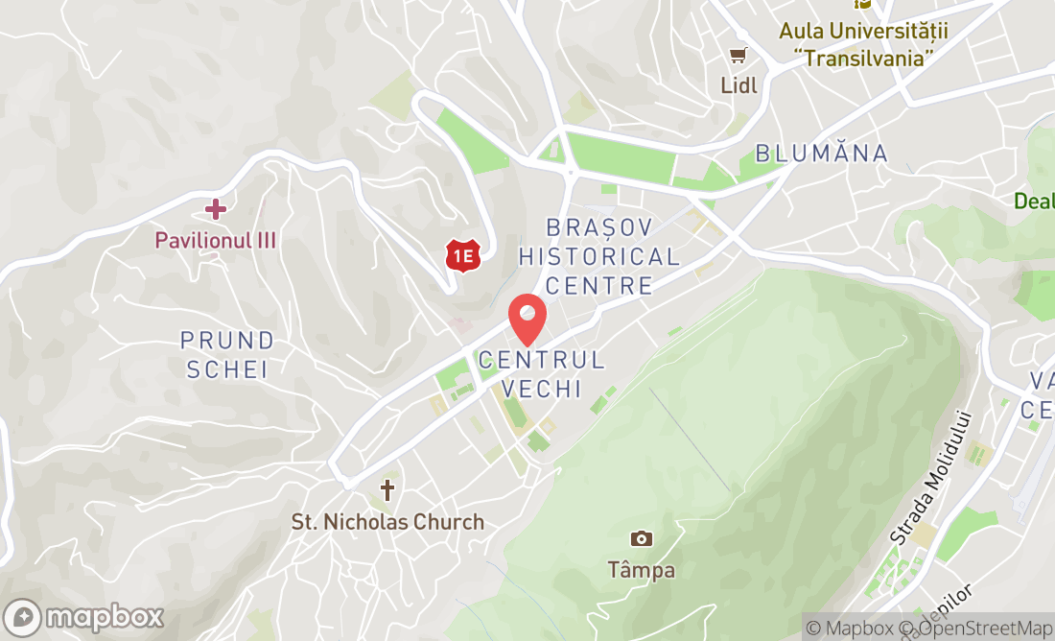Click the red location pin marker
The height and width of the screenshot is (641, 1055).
527,319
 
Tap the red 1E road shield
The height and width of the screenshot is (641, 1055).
463,255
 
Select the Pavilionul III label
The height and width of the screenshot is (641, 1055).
216,240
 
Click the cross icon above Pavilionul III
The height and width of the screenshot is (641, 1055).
216,208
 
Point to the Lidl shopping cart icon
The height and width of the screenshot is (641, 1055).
738,57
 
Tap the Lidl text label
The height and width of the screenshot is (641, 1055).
738,85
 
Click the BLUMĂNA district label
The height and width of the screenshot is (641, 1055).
821,154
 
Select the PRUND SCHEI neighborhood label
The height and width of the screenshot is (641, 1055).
227,354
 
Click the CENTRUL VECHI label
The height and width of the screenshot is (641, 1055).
542,374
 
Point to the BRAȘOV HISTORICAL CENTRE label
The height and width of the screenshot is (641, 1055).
599,256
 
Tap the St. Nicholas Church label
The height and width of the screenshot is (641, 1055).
387,522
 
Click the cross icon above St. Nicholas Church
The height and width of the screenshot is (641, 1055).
387,491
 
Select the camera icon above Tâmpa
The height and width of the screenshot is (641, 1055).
642,538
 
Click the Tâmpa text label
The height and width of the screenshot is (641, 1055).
642,570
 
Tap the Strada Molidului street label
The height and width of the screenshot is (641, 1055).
931,478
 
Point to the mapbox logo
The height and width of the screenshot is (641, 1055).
83,616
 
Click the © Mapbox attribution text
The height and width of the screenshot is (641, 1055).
848,629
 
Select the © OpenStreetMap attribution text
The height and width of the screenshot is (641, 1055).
976,629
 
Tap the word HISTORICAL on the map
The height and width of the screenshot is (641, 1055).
599,256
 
